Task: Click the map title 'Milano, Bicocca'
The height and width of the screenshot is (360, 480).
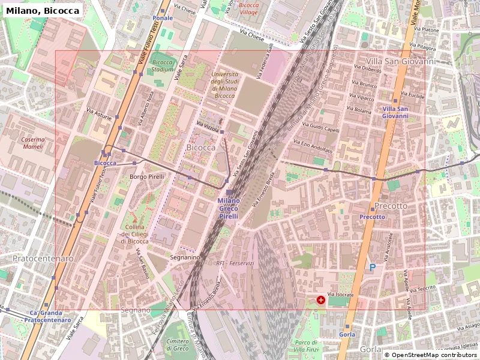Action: click(x=43, y=11)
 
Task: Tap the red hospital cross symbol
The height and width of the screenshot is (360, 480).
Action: click(x=321, y=299)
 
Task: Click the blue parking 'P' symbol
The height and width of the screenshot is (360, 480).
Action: click(x=373, y=268)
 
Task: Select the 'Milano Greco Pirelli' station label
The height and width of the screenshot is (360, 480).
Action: click(x=228, y=208)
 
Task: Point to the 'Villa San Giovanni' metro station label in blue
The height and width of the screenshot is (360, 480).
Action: click(x=395, y=112)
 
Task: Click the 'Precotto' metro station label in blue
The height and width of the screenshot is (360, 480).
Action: click(x=372, y=217)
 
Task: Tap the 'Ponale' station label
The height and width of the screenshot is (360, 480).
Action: click(x=163, y=18)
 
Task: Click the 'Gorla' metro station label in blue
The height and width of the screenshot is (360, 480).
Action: click(x=347, y=334)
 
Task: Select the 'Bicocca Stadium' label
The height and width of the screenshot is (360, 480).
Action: click(x=163, y=65)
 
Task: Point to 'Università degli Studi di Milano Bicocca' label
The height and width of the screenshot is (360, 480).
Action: click(x=224, y=85)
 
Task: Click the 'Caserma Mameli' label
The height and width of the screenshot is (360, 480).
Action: click(x=32, y=143)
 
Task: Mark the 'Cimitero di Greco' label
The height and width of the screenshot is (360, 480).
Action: click(x=177, y=344)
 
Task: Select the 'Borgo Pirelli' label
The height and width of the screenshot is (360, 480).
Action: click(x=146, y=177)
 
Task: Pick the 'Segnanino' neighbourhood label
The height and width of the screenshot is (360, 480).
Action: click(x=185, y=257)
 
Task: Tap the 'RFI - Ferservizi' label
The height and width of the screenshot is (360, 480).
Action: click(x=235, y=263)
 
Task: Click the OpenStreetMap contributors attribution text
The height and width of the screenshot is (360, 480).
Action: click(x=430, y=355)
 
